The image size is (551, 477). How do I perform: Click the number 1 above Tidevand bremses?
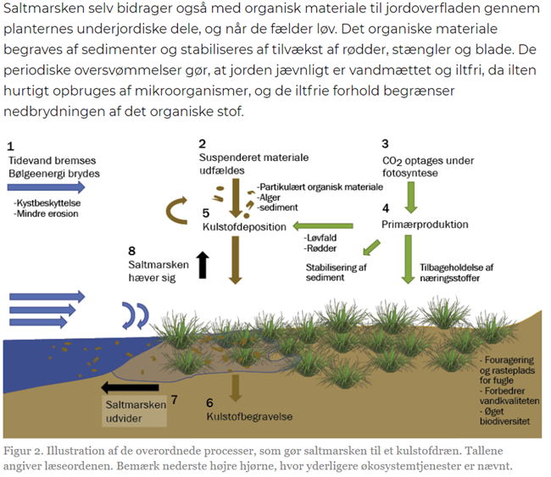coord(10,146)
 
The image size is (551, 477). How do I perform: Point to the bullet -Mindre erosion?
coord(46,214)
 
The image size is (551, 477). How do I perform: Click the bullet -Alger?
coord(271,196)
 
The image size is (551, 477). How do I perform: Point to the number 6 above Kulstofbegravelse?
coord(209,403)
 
